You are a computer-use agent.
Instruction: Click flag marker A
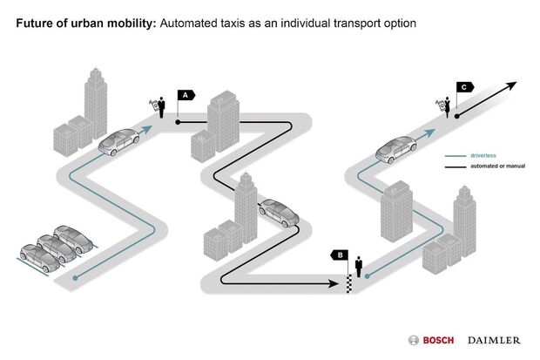186,94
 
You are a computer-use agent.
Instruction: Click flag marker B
341,255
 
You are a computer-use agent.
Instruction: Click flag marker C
465,87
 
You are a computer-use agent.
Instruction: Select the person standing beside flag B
358,266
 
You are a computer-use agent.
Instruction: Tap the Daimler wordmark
494,339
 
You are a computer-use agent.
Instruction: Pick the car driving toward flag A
118,141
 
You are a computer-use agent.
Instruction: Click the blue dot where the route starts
77,279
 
